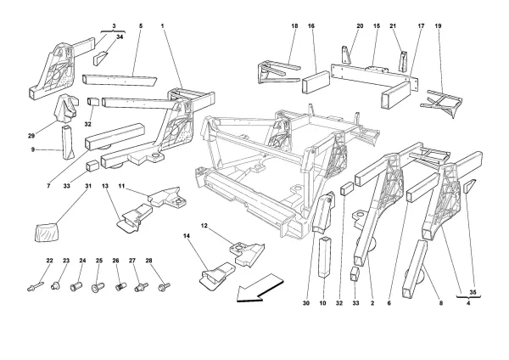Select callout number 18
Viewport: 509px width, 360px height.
tap(294, 26)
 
